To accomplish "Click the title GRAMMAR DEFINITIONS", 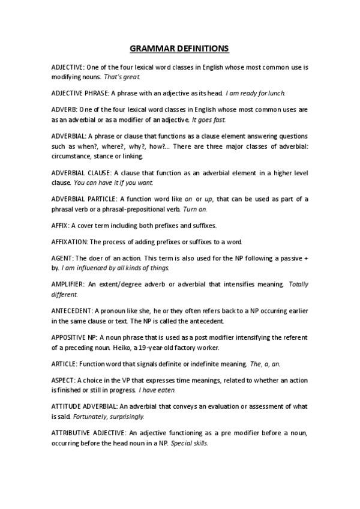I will coord(179,47).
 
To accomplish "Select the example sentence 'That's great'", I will coord(123,77).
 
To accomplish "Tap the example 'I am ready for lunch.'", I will coord(256,94).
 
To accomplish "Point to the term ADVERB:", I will coord(66,110).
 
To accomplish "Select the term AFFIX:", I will coord(61,225).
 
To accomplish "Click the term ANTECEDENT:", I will coord(73,311).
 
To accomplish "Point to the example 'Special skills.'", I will coord(190,442).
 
